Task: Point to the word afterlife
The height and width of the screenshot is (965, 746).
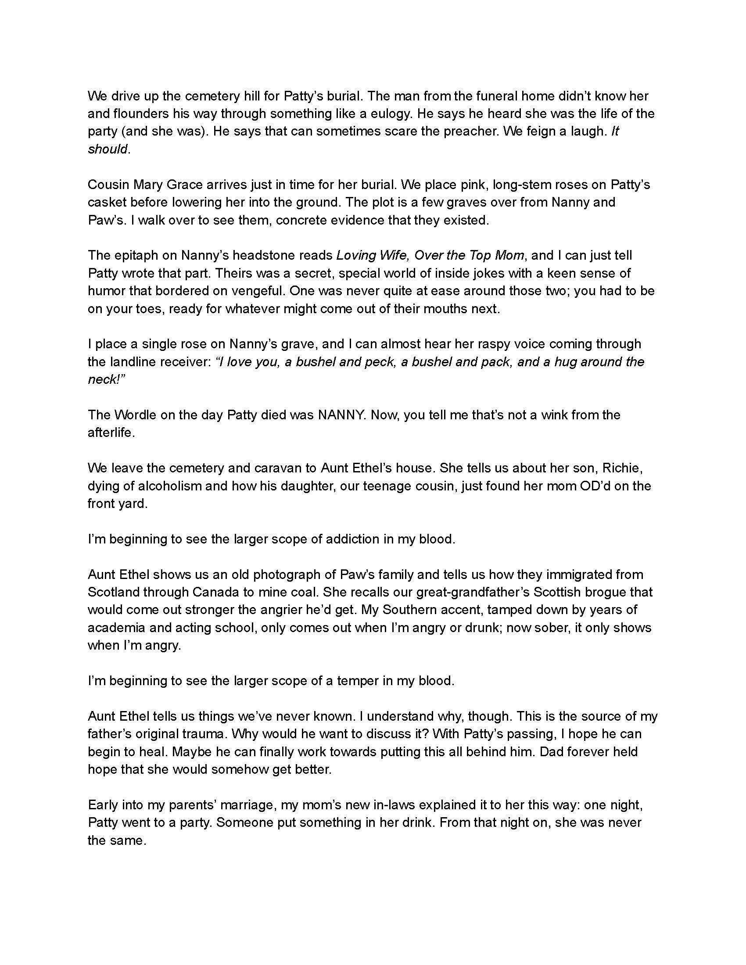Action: click(111, 432)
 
